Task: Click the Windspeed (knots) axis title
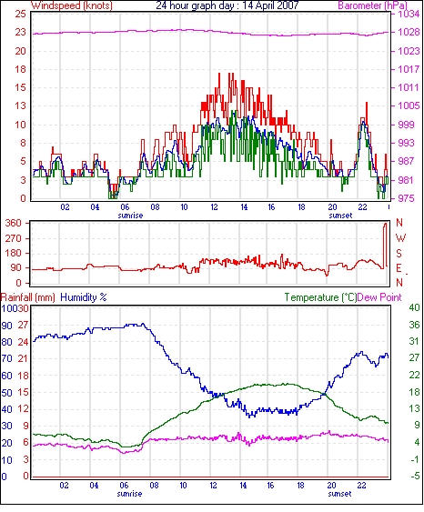tap(71, 5)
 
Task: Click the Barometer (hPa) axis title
tap(373, 5)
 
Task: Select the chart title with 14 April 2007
tap(227, 5)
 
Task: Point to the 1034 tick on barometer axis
tap(409, 14)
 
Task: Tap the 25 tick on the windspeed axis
tap(20, 14)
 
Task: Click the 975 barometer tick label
tap(406, 198)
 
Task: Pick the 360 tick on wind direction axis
tap(14, 224)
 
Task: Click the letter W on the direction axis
tap(400, 238)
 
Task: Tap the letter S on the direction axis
tap(399, 254)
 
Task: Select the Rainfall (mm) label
tap(28, 297)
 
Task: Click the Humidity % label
tap(84, 297)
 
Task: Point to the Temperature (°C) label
tap(320, 297)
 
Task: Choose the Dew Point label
tap(379, 297)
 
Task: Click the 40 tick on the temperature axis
tap(414, 307)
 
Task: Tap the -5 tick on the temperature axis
tap(415, 477)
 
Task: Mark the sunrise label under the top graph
tap(130, 216)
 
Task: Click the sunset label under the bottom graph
tap(339, 494)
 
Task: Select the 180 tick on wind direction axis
tap(14, 254)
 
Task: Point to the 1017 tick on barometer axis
tap(409, 69)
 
